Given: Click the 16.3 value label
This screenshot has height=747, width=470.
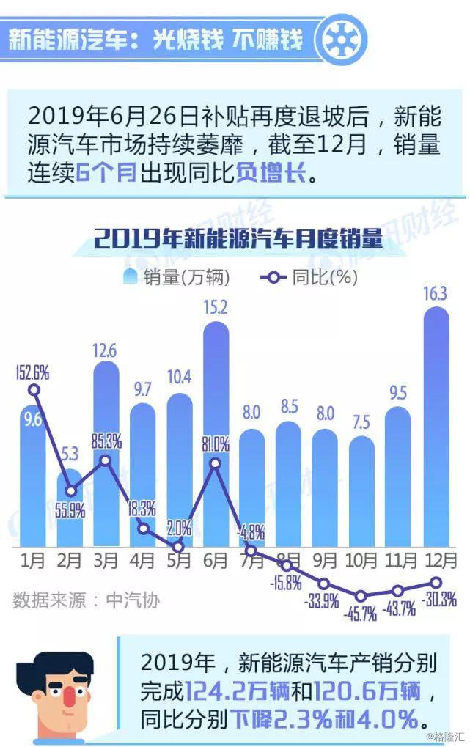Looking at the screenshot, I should click(437, 295).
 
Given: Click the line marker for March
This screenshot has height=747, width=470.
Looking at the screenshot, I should click(106, 460).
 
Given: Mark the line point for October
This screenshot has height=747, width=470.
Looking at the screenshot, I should click(361, 596).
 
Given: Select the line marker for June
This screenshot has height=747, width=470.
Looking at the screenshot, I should click(215, 463).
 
